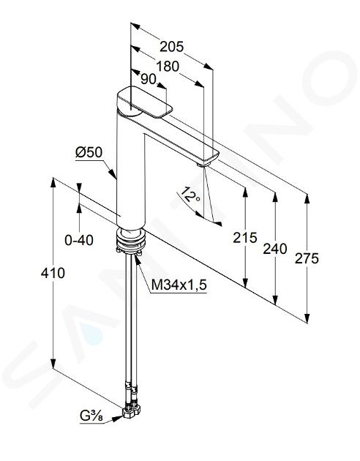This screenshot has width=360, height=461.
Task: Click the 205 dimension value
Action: point(172,46)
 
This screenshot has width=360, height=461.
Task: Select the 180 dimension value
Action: point(168,67)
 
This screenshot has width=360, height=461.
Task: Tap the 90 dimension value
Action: point(148,79)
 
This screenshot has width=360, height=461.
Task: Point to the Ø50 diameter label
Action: point(89,152)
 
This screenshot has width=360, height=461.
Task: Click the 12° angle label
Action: point(190,195)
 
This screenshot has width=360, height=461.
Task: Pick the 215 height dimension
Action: point(245,238)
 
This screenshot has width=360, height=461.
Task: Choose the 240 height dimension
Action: point(275,249)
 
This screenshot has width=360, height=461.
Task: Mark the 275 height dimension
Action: point(307,259)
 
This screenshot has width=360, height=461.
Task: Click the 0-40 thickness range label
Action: point(79,240)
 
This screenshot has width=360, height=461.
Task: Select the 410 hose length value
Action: point(53,273)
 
